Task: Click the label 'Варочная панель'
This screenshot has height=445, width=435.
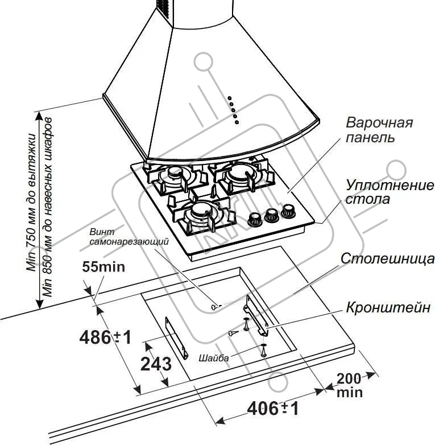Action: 379,130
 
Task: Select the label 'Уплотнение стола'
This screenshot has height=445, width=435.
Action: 389,192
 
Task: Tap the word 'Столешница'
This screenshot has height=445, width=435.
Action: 387,259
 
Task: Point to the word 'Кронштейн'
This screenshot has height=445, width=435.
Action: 388,308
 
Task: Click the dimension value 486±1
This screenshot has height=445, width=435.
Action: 105,337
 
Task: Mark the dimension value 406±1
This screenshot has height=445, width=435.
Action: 272,407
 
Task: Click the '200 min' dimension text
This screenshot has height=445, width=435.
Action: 350,385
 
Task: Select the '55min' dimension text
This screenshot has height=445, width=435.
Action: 103,266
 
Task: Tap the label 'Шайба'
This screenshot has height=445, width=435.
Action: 214,359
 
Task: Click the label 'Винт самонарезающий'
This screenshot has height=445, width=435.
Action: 129,237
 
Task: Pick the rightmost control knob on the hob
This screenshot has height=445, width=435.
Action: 287,211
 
